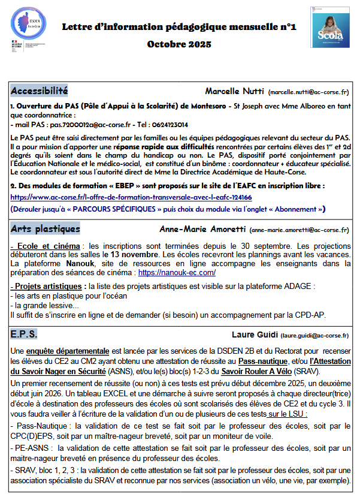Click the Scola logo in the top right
(329, 27)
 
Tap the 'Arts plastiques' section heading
(46, 229)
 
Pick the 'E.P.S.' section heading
(25, 334)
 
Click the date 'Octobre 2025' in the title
(179, 45)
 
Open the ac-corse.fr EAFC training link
(131, 197)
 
